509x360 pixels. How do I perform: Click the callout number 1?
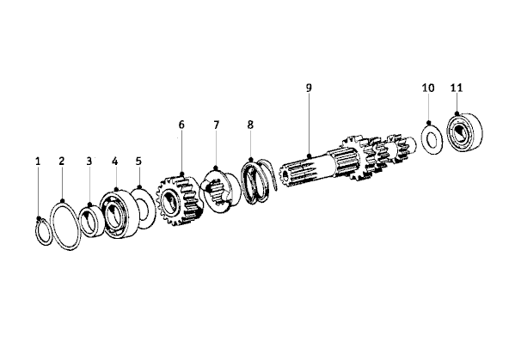(38, 162)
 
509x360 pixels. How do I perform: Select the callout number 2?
(62, 162)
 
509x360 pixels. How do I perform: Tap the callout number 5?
(138, 162)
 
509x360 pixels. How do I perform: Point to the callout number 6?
(181, 125)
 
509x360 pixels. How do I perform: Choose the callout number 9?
(309, 88)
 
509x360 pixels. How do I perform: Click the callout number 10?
(428, 88)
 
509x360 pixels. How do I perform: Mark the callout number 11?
(457, 88)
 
